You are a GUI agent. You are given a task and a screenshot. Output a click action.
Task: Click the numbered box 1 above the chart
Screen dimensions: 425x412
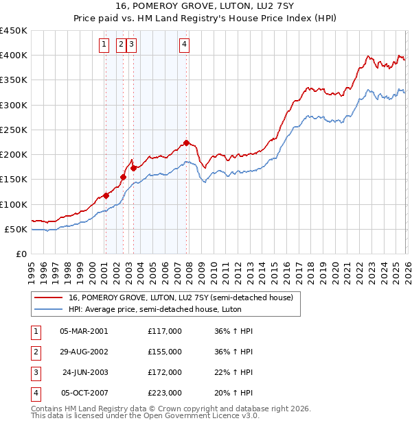(104, 45)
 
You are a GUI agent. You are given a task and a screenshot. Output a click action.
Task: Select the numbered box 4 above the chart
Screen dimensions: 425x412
(185, 45)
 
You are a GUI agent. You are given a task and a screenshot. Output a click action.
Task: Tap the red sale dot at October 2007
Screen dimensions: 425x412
(186, 143)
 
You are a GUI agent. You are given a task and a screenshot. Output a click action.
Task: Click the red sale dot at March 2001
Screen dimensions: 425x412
(106, 195)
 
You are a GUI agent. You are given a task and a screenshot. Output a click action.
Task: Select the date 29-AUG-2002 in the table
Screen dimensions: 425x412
(83, 352)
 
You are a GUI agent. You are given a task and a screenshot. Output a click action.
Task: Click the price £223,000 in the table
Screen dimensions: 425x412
(165, 393)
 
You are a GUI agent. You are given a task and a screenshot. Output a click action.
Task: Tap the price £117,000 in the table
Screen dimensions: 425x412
(165, 331)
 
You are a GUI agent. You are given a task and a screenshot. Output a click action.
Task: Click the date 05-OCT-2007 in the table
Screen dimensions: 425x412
(83, 393)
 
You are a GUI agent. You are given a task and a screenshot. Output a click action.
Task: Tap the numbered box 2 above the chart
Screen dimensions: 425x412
(120, 45)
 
